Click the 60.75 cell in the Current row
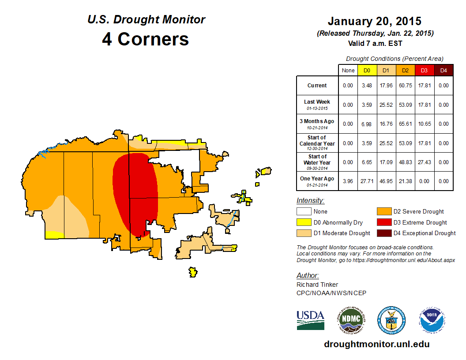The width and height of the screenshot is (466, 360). click(x=406, y=86)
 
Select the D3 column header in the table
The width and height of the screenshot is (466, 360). click(x=425, y=70)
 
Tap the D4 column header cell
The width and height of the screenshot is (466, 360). click(x=443, y=70)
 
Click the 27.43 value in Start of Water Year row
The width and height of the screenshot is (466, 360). click(x=425, y=162)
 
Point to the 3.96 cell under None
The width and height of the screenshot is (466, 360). click(x=348, y=181)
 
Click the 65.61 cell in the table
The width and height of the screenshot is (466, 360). click(x=406, y=124)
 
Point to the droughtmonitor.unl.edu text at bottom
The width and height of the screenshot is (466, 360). click(x=376, y=344)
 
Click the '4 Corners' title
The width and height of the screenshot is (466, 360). click(x=146, y=39)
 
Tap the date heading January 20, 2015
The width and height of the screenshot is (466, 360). click(x=374, y=21)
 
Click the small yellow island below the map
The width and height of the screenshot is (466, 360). click(x=192, y=272)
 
